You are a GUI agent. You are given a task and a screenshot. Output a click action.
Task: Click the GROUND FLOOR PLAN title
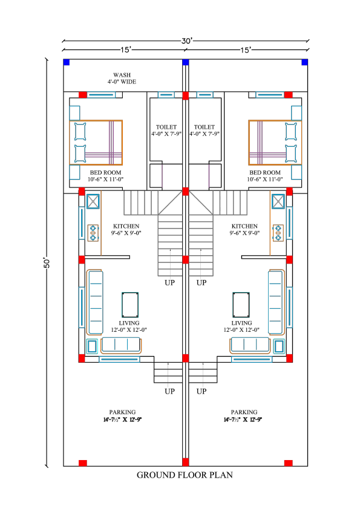click(x=185, y=475)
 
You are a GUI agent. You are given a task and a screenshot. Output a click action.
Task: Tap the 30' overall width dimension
click(x=187, y=41)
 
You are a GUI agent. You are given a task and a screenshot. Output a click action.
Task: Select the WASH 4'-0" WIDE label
click(x=122, y=78)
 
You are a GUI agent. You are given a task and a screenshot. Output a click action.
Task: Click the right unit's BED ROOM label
click(x=272, y=176)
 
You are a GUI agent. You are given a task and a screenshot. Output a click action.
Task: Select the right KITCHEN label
click(x=244, y=229)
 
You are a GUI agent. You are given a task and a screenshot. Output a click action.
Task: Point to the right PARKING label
click(x=244, y=415)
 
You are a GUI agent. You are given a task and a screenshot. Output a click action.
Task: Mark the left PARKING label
click(x=122, y=415)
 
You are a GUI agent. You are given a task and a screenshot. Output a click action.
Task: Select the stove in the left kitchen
click(x=93, y=233)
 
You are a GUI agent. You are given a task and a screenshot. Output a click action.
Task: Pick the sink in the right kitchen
click(x=278, y=202)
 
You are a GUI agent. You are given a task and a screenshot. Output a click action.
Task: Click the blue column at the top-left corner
click(x=67, y=62)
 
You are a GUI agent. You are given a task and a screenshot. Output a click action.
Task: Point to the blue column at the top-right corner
click(x=305, y=62)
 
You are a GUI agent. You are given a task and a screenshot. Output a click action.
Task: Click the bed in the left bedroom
click(x=97, y=142)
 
